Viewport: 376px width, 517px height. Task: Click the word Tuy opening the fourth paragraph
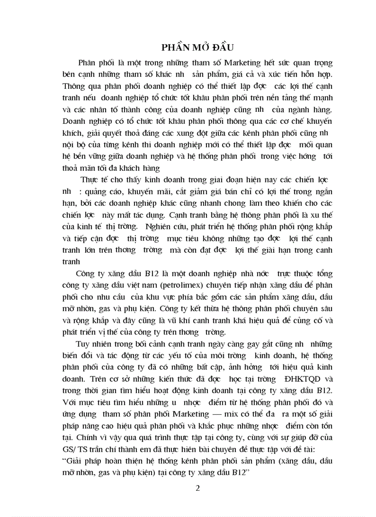click(x=83, y=344)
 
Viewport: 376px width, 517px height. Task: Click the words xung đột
click(x=183, y=134)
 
